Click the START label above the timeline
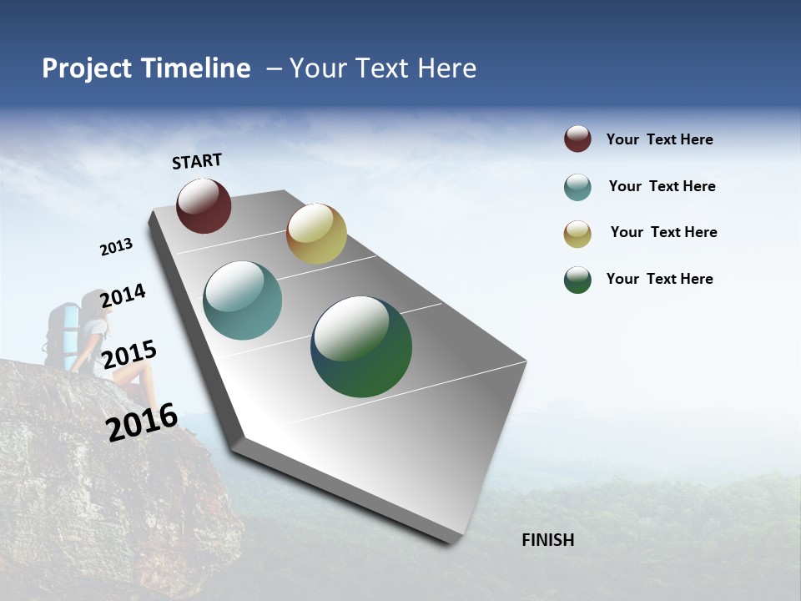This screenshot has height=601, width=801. click(x=197, y=161)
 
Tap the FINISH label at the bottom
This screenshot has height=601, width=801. click(x=547, y=540)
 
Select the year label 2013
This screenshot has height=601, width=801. click(x=116, y=246)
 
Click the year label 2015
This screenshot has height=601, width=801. click(x=129, y=354)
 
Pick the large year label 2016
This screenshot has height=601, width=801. click(x=142, y=422)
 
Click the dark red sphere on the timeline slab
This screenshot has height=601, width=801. click(x=204, y=205)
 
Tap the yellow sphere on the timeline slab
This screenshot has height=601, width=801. click(x=316, y=234)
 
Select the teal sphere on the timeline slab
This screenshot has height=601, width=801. click(x=243, y=300)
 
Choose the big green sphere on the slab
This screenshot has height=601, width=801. click(x=361, y=346)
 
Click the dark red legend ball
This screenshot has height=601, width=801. click(x=577, y=139)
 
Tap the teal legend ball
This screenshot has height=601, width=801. click(x=577, y=187)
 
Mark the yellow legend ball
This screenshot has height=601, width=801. click(x=577, y=233)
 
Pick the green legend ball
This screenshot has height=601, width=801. click(x=577, y=280)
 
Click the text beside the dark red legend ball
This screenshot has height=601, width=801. click(x=659, y=139)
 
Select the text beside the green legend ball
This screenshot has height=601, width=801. click(x=659, y=279)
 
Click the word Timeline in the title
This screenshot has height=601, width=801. click(x=196, y=68)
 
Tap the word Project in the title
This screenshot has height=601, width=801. click(x=87, y=68)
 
